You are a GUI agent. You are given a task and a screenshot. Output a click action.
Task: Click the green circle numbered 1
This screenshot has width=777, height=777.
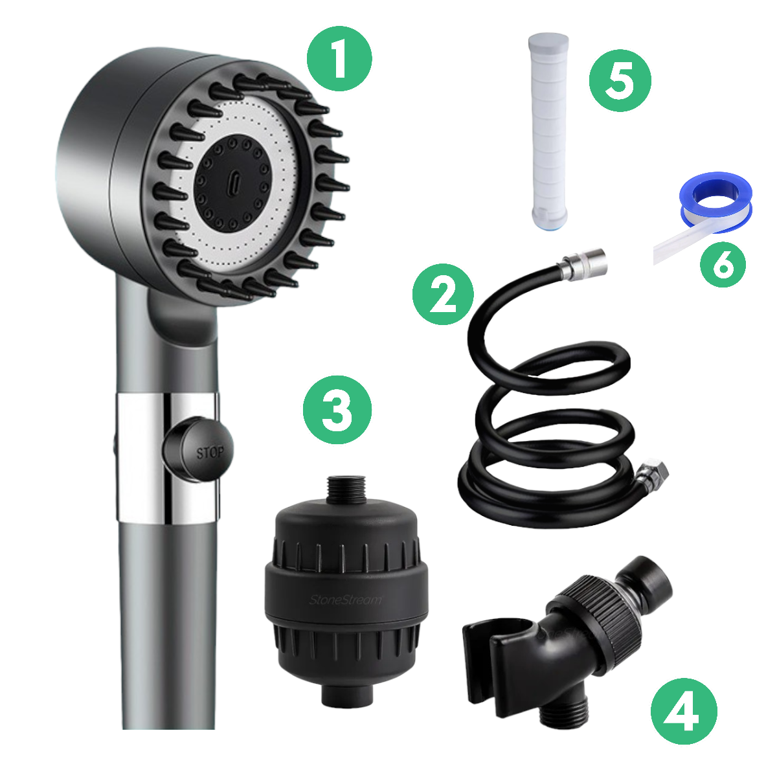coord(339,60)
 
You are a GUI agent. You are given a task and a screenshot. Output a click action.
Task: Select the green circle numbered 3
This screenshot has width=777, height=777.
coord(337,410)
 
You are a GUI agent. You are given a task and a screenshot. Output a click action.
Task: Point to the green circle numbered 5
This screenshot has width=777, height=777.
coord(620,80)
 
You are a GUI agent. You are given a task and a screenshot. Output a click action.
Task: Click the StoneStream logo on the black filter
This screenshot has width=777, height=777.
coord(345,600)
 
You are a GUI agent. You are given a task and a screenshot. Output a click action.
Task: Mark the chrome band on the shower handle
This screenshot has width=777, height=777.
coord(139,456)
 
